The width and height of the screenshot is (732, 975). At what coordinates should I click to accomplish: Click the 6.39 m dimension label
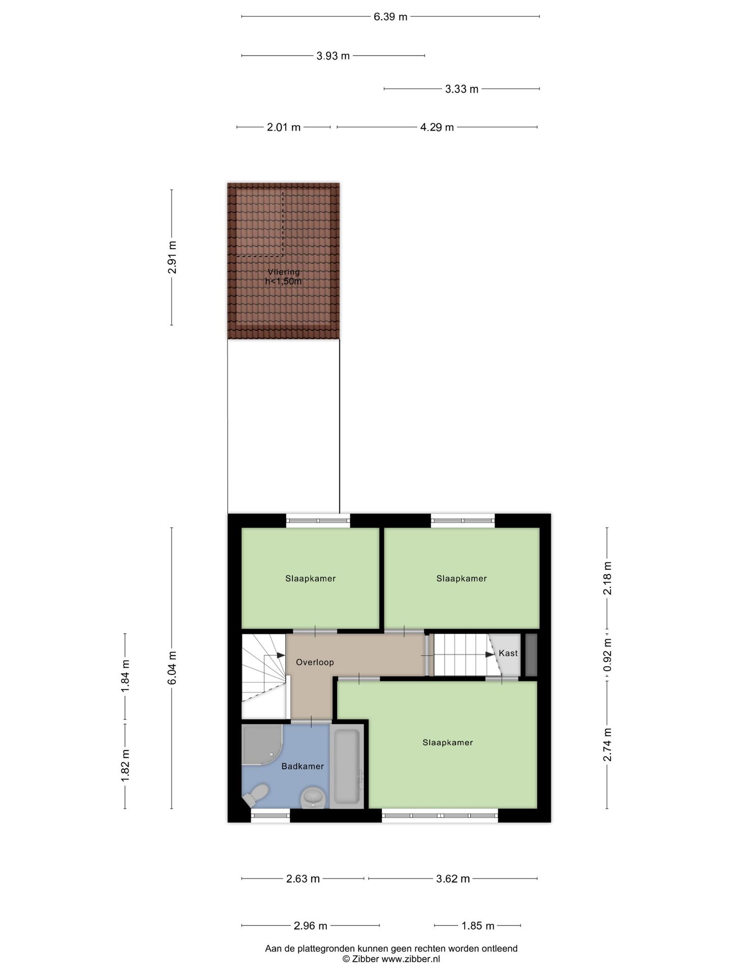pos(390,17)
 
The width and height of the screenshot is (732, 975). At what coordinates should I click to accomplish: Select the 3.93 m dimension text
pos(333,56)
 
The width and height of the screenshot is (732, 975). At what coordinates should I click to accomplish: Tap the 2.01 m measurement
pos(284,127)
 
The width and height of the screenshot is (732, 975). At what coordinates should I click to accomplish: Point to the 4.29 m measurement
pos(437,127)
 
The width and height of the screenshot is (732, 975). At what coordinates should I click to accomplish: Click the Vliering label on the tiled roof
pos(284,272)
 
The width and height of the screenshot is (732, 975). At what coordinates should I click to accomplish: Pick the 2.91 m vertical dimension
pos(172,257)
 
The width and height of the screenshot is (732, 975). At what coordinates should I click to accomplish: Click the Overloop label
pos(315,662)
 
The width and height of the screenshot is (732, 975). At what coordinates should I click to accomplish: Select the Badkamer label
pos(302,766)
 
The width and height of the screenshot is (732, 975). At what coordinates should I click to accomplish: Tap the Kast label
pos(508,653)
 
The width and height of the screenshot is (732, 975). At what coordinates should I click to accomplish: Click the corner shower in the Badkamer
pos(261,744)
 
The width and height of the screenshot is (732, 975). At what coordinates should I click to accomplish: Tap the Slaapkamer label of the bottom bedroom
pos(447,742)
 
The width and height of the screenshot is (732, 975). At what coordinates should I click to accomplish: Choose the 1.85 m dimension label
pos(478,926)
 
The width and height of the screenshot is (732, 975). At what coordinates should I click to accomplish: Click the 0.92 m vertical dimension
pos(607,655)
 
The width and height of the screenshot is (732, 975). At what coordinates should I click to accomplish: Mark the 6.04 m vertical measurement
pos(172,668)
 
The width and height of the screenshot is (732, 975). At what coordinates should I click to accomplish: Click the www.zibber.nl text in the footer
pos(411,959)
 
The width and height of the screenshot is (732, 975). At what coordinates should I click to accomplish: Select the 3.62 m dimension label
pos(453,879)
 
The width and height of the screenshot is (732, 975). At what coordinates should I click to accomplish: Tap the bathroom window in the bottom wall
pos(270,815)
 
